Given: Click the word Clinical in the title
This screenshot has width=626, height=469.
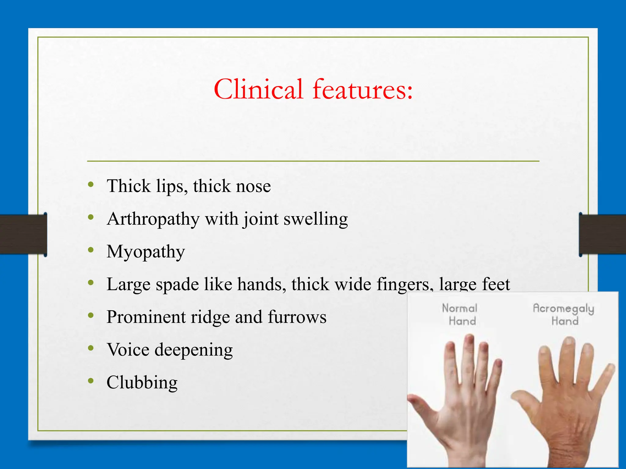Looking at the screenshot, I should coord(259,89).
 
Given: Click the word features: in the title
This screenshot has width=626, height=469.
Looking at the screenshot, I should coord(363,89).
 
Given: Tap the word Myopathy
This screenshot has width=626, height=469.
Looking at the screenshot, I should coord(145,252).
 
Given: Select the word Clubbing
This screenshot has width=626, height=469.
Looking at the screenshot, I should coord(142,383).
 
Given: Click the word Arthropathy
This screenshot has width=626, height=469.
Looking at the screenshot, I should coord(153,219).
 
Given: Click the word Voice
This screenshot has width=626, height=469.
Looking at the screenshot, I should coord(128,350).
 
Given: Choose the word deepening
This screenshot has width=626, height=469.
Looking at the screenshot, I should coord(193,350).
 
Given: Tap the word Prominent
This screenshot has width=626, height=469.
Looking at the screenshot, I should coord(146,317).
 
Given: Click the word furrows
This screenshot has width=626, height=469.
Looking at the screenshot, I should coord(297,317).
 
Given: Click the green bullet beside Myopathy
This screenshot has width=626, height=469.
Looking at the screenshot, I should coord(90,250).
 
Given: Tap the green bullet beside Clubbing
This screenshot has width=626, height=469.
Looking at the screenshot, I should coord(90,380).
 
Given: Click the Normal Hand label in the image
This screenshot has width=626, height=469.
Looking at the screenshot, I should coord(460,314).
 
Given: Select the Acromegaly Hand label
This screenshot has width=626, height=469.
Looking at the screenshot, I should coord(563,314).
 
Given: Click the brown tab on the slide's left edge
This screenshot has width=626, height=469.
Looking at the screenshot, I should coord(23,234).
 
